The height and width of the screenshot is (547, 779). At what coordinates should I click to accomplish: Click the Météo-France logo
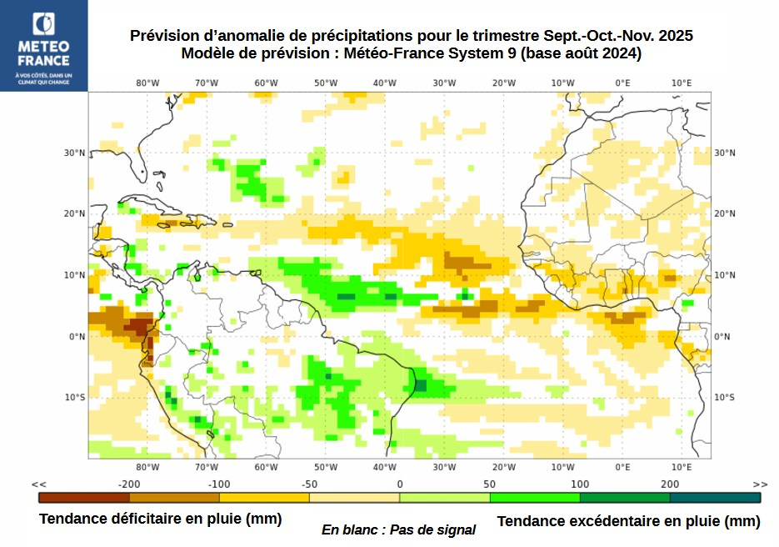[x=43, y=45]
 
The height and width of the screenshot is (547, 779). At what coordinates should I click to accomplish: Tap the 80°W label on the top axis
[x=147, y=83]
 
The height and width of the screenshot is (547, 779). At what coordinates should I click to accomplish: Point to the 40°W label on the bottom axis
[x=385, y=467]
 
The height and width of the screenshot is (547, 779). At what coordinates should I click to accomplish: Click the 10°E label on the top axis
[x=682, y=83]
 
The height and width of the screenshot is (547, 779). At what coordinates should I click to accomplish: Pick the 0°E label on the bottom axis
[x=622, y=467]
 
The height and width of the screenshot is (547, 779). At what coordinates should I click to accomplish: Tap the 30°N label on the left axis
[x=76, y=153]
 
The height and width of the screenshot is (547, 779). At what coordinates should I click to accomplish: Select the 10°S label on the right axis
[x=725, y=397]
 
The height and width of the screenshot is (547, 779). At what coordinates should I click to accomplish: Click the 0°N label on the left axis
[x=77, y=336]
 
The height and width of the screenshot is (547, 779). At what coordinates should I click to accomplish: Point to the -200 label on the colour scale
[x=128, y=484]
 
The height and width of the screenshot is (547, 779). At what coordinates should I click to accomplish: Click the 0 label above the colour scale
[x=399, y=484]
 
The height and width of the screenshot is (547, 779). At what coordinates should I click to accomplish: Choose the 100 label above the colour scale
[x=580, y=484]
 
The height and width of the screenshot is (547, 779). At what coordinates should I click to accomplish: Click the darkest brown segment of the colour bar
[x=84, y=498]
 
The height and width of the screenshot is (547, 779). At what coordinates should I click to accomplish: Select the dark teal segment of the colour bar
[x=715, y=498]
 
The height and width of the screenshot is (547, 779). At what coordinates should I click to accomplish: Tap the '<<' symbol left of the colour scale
[x=38, y=484]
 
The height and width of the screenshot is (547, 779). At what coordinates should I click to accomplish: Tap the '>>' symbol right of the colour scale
[x=760, y=484]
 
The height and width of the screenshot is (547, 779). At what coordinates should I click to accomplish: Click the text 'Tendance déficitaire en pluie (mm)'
[x=160, y=519]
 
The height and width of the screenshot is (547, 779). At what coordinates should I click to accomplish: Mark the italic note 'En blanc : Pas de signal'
[x=398, y=529]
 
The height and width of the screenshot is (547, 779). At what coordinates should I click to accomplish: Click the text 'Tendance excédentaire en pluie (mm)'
[x=628, y=521]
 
